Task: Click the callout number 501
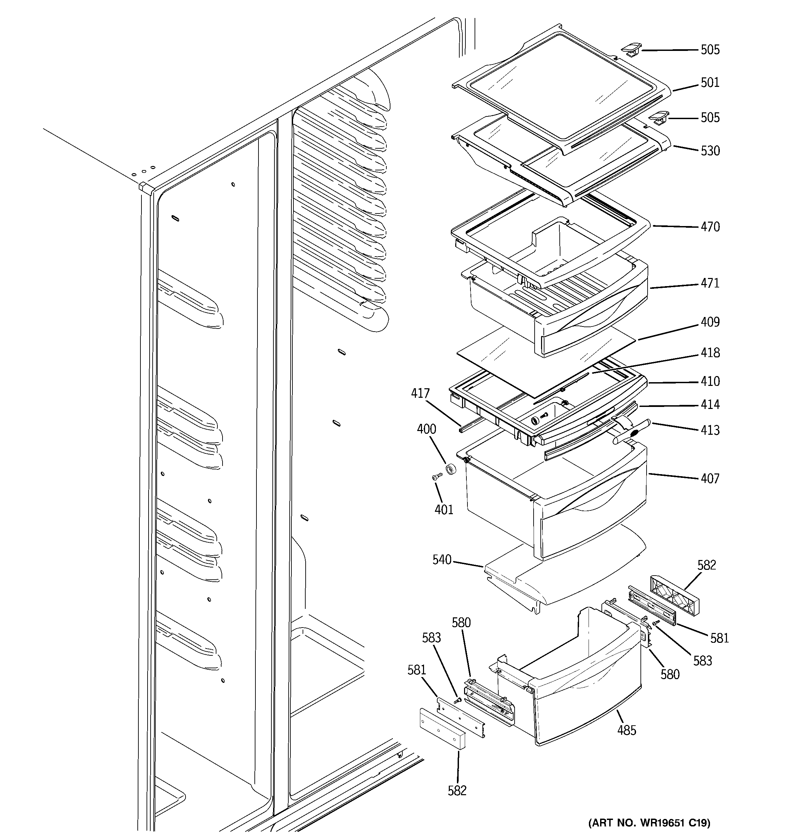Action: pos(710,82)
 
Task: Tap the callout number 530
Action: pos(710,151)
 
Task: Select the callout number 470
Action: pos(710,227)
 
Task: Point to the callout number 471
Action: pos(710,283)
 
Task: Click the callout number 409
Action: pos(710,322)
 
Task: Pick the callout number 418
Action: pos(710,353)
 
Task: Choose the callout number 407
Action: pos(710,479)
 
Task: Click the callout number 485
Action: pos(626,730)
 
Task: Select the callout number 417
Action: pos(420,393)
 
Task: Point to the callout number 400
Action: pos(426,429)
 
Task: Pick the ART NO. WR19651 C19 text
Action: pos(649,822)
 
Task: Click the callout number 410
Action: pos(710,381)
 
